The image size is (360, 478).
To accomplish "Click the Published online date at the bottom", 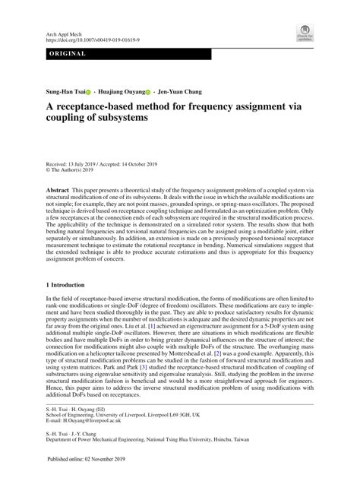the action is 89,461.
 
